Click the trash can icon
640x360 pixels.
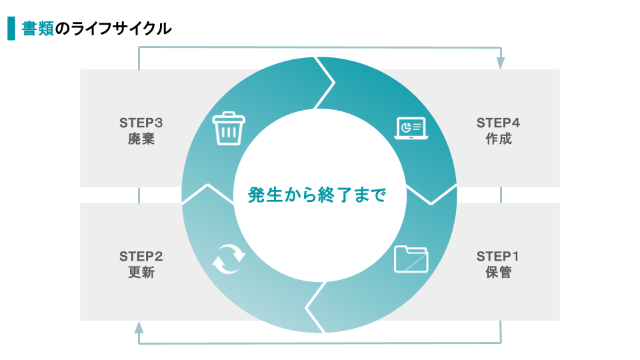pos(229,128)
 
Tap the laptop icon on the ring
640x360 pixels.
pos(411,128)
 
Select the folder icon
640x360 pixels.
pos(411,259)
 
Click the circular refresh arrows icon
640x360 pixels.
pos(229,259)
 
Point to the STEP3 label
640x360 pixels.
pos(141,123)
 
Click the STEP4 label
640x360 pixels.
pos(499,123)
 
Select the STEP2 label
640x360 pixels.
pos(141,256)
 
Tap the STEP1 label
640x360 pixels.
pos(497,256)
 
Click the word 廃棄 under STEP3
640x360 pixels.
pos(141,139)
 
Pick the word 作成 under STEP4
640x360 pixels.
pos(499,139)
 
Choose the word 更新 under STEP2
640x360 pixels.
pos(141,272)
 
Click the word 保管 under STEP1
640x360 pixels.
pos(499,272)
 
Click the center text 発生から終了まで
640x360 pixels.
pos(317,195)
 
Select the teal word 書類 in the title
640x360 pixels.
pos(37,29)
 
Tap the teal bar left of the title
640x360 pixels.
pos(11,28)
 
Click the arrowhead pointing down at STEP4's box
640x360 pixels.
pos(501,63)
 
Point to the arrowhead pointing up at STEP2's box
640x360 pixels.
pos(139,327)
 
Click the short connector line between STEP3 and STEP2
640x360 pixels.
pos(139,195)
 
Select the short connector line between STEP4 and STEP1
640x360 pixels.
pos(501,195)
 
